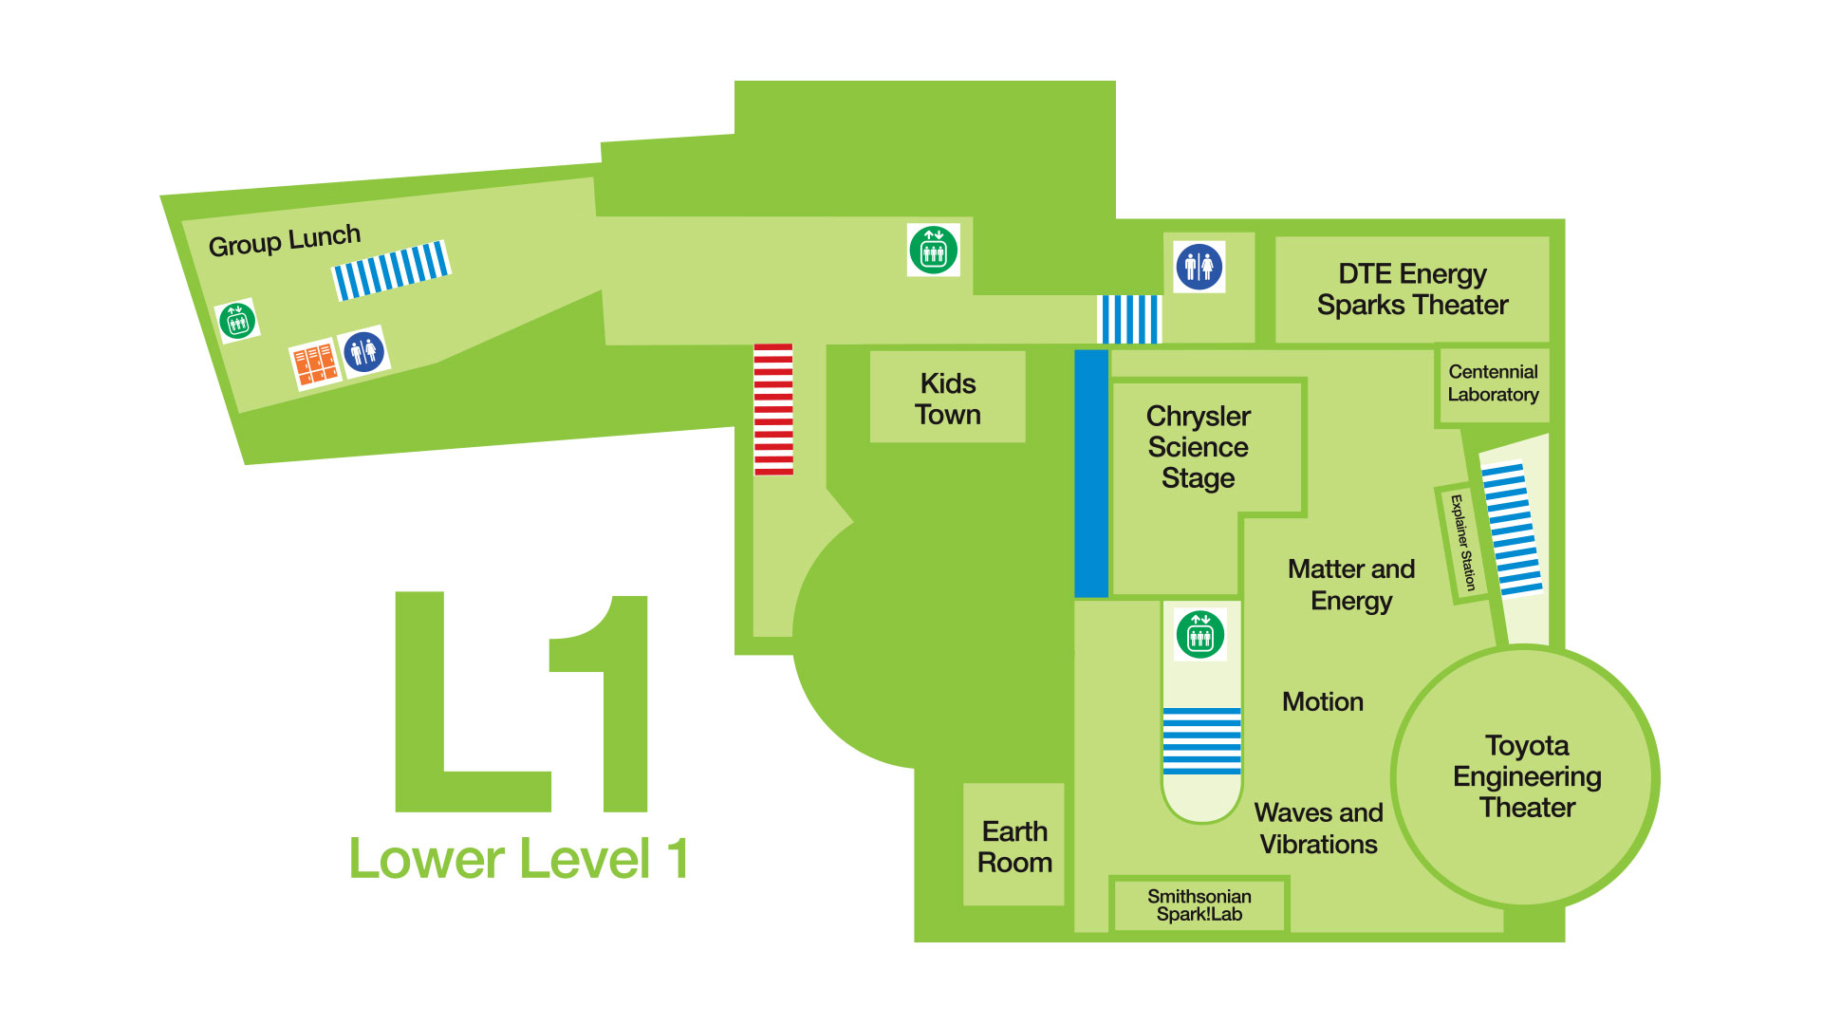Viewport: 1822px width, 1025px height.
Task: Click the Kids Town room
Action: pos(947,398)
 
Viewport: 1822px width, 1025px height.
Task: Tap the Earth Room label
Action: pos(1014,846)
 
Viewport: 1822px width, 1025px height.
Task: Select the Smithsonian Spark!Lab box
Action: pos(1199,904)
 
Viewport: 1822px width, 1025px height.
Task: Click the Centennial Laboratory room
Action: pos(1493,383)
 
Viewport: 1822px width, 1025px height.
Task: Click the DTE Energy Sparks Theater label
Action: pos(1412,289)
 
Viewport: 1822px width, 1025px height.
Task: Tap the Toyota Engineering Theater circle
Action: pos(1526,776)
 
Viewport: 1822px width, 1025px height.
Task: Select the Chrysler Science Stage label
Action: pos(1198,447)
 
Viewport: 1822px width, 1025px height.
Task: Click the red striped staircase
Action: pos(773,409)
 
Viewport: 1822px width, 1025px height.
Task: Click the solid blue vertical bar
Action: pos(1091,474)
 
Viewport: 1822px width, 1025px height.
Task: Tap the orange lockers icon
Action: pos(314,363)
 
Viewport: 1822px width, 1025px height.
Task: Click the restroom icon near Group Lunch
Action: pos(364,352)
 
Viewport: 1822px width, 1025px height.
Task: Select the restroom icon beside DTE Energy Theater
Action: pos(1199,267)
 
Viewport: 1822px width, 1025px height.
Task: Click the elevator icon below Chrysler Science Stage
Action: pos(1200,634)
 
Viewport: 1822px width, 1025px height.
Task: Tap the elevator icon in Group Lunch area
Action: pos(237,321)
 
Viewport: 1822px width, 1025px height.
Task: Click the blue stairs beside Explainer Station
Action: pos(1512,529)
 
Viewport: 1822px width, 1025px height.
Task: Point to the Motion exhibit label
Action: pos(1322,701)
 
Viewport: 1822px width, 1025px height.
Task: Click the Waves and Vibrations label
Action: pos(1318,828)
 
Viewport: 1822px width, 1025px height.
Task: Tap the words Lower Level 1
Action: pos(518,859)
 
